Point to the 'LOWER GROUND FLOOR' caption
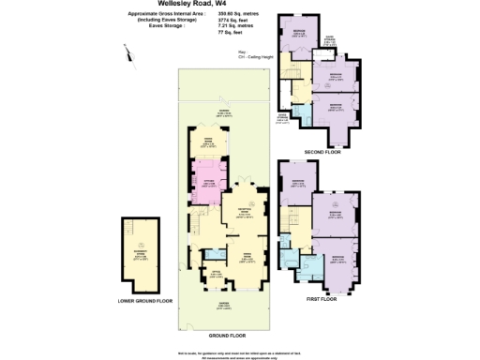pyautogui.click(x=145, y=302)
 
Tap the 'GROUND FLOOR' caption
pyautogui.click(x=226, y=335)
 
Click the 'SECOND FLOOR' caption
pyautogui.click(x=322, y=151)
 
